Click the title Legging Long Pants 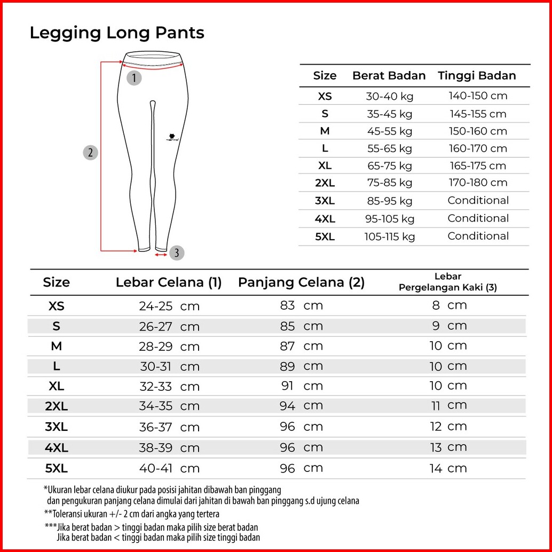tap(117, 33)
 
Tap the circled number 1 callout tap(134, 78)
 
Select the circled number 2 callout tap(90, 153)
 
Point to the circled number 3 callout tap(177, 253)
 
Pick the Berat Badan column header tap(389, 76)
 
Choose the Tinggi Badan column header tap(477, 76)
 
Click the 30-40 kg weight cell tap(389, 97)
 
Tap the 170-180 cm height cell tap(478, 183)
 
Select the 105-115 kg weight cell tap(389, 236)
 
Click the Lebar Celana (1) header tap(168, 283)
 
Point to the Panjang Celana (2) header tap(301, 283)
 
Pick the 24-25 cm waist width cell tap(169, 306)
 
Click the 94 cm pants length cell tap(301, 406)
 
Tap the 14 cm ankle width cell tap(448, 469)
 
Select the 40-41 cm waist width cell tap(169, 469)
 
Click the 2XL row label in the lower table tap(56, 406)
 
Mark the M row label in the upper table tap(325, 131)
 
